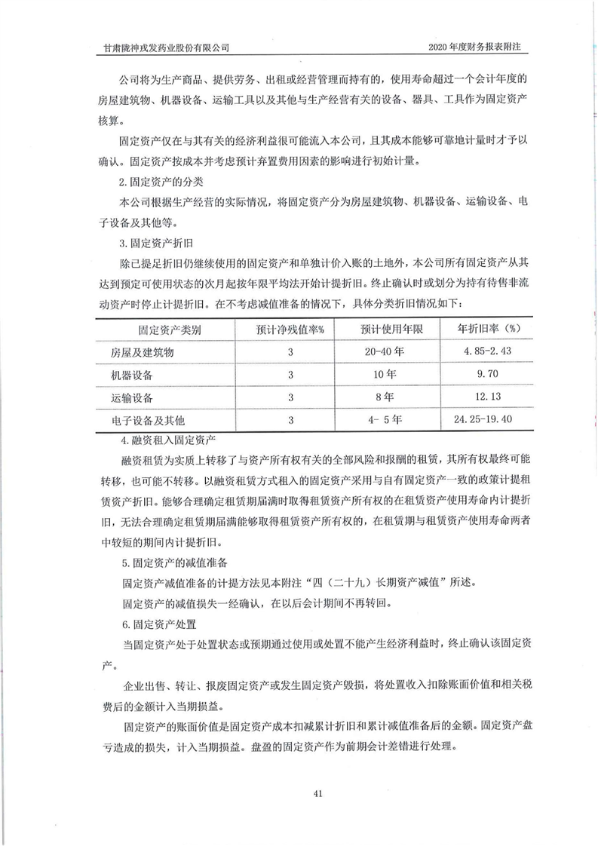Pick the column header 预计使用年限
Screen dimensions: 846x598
pos(391,330)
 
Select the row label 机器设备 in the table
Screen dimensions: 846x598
pos(132,375)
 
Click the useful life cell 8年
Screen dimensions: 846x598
pos(386,397)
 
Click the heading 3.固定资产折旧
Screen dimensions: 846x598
pos(153,244)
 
